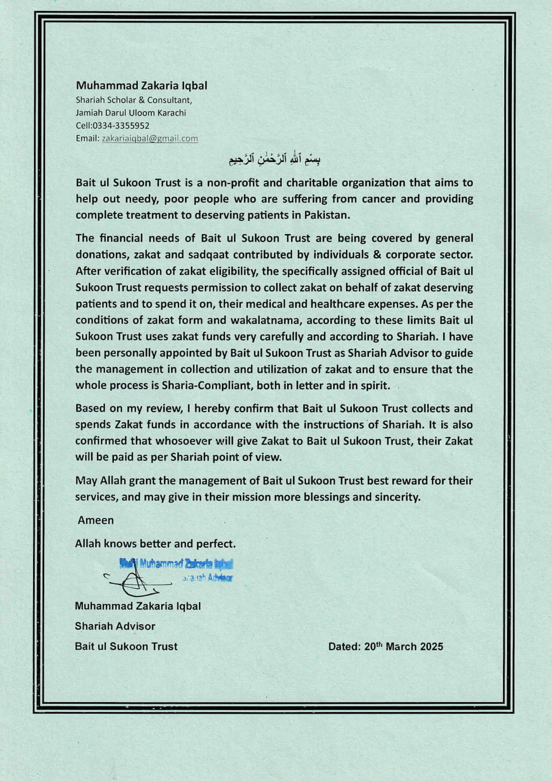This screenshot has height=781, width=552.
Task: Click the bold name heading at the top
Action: (x=141, y=85)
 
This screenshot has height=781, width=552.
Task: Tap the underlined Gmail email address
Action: (x=150, y=139)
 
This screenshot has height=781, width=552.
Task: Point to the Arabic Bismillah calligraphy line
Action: (x=275, y=159)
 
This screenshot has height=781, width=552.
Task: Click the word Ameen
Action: (x=95, y=520)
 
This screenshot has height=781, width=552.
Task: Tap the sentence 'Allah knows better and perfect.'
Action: (x=155, y=544)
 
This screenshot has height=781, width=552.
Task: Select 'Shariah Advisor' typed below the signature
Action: (x=115, y=626)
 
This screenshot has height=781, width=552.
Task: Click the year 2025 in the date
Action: (x=431, y=647)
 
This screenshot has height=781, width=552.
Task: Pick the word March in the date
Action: (x=401, y=647)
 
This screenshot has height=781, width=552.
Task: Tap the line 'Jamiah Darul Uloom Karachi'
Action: (x=131, y=113)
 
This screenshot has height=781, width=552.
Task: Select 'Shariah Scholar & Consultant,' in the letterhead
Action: (x=134, y=100)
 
